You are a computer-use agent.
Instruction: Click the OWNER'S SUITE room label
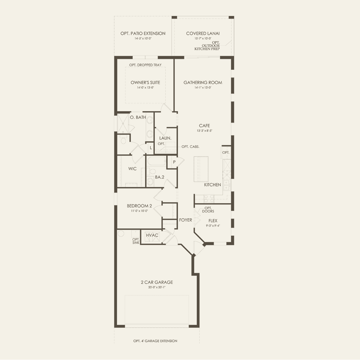[x=145, y=82]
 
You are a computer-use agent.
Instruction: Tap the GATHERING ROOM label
[x=203, y=82]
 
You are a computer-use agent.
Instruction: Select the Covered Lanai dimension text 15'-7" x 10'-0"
[x=203, y=39]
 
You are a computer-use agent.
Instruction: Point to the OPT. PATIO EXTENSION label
[x=143, y=33]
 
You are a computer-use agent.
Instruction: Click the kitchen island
[x=201, y=169]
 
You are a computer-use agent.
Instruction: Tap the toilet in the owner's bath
[x=123, y=140]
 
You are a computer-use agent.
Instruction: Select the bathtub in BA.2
[x=156, y=161]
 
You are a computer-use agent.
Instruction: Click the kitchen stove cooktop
[x=209, y=199]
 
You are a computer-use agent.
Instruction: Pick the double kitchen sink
[x=226, y=185]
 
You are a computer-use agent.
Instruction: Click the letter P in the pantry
[x=174, y=162]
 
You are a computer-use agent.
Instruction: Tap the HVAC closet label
[x=152, y=235]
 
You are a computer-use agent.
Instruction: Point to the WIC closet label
[x=132, y=169]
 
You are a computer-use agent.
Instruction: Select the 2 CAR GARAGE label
[x=157, y=282]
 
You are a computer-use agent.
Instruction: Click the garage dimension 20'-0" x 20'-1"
[x=157, y=287]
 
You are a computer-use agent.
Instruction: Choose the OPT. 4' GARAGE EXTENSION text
[x=155, y=341]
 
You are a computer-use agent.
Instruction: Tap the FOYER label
[x=186, y=220]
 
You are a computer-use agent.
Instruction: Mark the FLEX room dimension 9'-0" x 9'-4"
[x=213, y=226]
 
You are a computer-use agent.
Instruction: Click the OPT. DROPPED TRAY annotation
[x=145, y=65]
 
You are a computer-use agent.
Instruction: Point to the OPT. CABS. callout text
[x=190, y=147]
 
